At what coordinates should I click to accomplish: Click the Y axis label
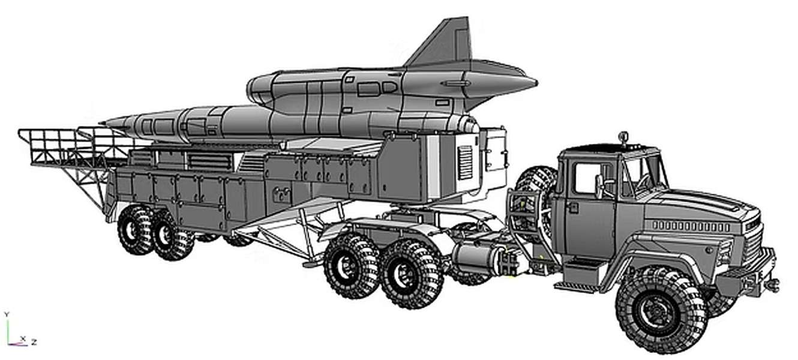coord(7,314)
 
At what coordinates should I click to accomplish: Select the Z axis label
coord(34,342)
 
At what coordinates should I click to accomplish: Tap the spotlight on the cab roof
coord(623,136)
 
